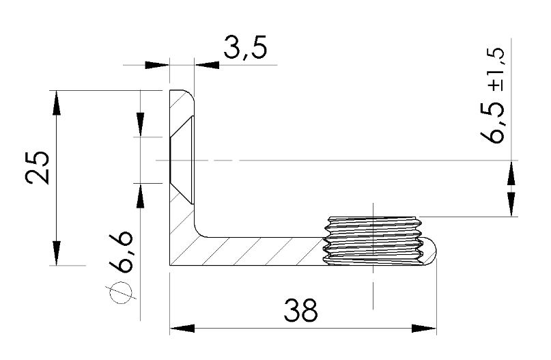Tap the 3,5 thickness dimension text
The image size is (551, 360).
tap(244, 51)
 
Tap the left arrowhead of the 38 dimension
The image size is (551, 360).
tap(180, 327)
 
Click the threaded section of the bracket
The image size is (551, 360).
tap(372, 240)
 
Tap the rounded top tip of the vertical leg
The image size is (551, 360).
tap(183, 94)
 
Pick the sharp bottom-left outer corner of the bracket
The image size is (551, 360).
tap(170, 264)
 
